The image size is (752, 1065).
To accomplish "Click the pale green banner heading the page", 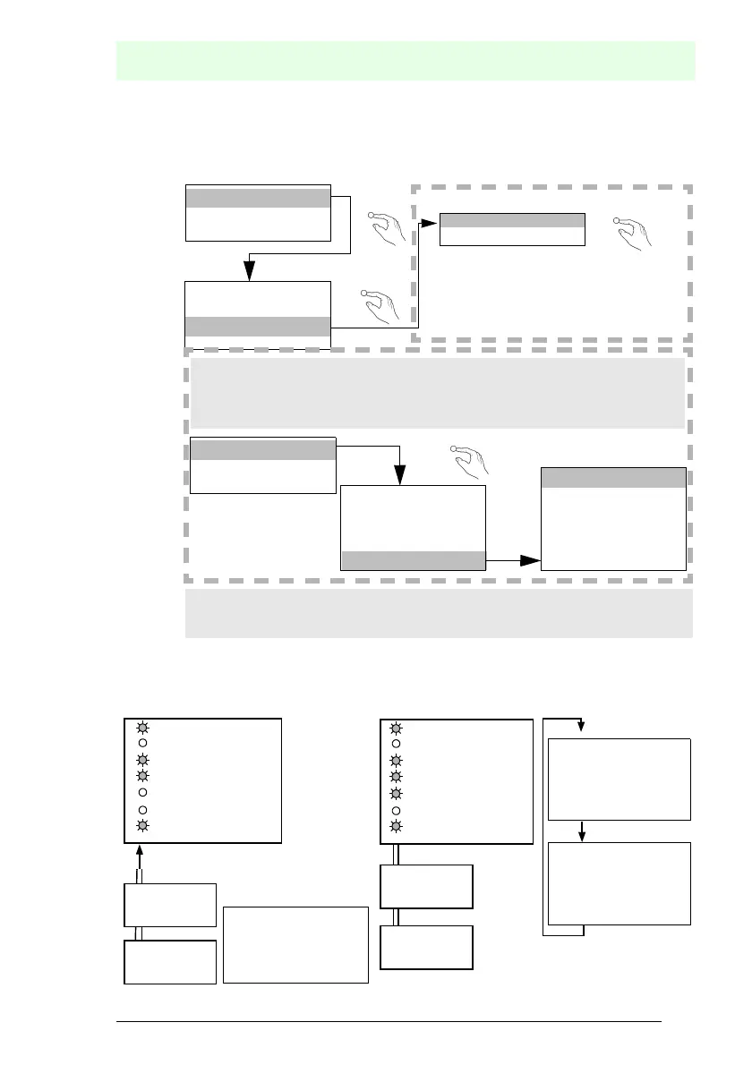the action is click(406, 60).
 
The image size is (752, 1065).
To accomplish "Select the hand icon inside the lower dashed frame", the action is click(470, 460).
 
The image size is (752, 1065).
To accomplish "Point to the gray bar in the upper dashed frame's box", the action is click(512, 221).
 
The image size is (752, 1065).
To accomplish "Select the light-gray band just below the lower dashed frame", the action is click(439, 613).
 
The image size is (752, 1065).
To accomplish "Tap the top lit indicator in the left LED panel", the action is click(142, 728).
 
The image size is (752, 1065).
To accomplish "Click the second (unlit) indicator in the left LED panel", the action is click(142, 744).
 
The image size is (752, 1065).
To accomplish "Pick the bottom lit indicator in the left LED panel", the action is click(142, 826).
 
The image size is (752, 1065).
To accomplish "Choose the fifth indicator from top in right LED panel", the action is click(395, 794).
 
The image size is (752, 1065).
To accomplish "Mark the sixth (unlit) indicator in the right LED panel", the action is click(395, 810).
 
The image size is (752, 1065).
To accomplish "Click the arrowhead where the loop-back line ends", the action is click(582, 726).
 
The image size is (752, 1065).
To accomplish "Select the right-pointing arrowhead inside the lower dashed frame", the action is click(531, 561).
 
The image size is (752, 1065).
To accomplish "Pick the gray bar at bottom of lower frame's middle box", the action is click(413, 561).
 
